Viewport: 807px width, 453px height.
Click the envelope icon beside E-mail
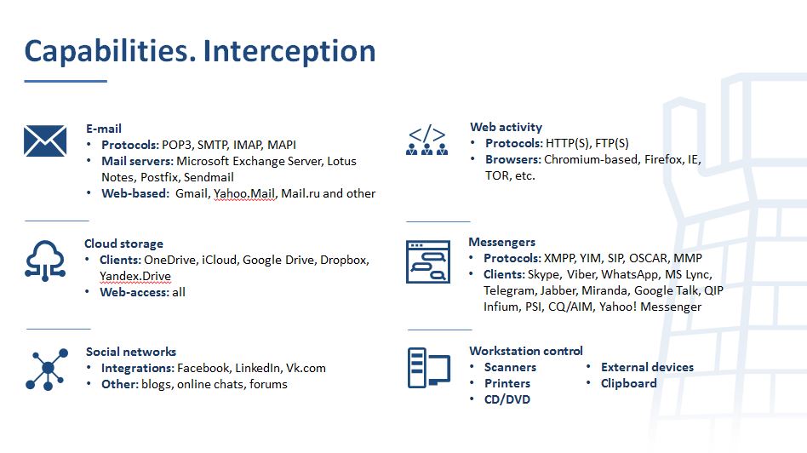[45, 140]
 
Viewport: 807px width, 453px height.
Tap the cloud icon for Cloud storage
[45, 261]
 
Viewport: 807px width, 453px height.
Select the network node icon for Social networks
[47, 369]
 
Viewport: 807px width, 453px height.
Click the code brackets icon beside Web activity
[426, 140]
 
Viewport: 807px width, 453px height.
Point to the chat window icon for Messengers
[427, 261]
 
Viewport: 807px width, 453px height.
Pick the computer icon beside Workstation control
[429, 368]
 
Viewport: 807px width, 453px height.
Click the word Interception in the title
[289, 51]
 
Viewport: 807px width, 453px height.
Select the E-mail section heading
[104, 129]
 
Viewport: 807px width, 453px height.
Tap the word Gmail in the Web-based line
[192, 193]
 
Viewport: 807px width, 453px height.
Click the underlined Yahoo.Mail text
[245, 194]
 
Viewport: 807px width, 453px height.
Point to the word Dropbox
[344, 260]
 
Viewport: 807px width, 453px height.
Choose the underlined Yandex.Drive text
[135, 277]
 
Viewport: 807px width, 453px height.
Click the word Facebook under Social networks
[203, 368]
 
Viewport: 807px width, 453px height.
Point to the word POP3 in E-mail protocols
[176, 145]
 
